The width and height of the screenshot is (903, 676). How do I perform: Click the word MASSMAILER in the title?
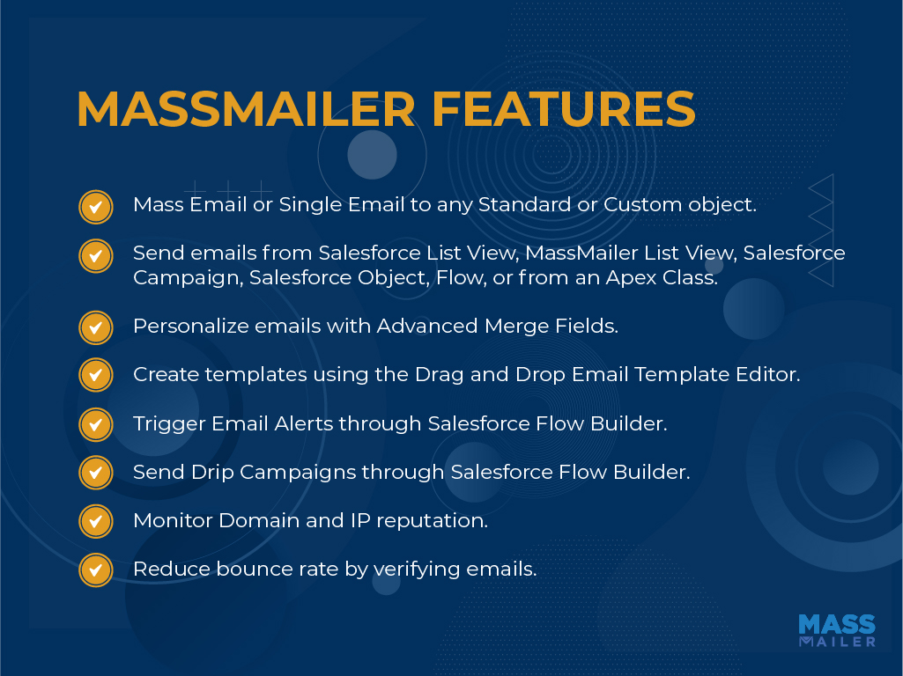[246, 109]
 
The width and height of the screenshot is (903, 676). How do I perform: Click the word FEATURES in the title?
[564, 109]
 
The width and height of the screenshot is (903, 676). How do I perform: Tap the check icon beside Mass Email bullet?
[96, 207]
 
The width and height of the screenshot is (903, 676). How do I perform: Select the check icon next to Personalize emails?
[96, 327]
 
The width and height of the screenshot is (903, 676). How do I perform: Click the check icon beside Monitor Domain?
[96, 521]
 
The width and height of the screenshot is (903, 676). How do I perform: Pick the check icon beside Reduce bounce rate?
[96, 569]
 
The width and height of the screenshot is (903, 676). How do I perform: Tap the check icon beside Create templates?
[96, 375]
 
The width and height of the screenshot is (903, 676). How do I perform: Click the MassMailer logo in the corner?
[837, 630]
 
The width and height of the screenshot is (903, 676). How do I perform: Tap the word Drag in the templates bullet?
[440, 375]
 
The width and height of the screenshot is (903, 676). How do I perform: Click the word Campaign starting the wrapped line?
[189, 278]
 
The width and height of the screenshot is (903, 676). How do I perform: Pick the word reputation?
[432, 521]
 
